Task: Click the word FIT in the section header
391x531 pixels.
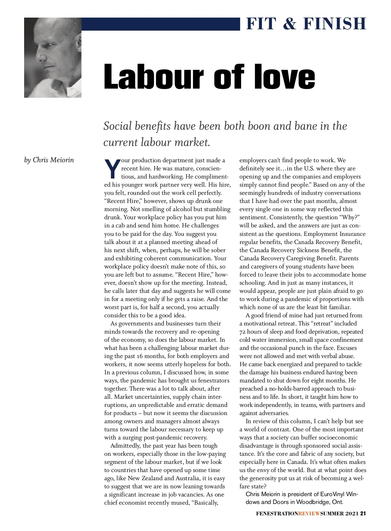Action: pyautogui.click(x=261, y=24)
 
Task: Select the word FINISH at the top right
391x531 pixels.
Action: pyautogui.click(x=335, y=24)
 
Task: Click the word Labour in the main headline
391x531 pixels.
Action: pyautogui.click(x=153, y=77)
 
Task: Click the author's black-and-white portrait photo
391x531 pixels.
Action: pyautogui.click(x=53, y=57)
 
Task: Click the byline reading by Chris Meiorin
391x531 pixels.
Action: pyautogui.click(x=49, y=160)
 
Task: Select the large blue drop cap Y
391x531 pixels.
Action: pyautogui.click(x=112, y=169)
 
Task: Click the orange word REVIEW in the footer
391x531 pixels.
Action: pyautogui.click(x=309, y=514)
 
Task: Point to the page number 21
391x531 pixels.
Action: pyautogui.click(x=363, y=514)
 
